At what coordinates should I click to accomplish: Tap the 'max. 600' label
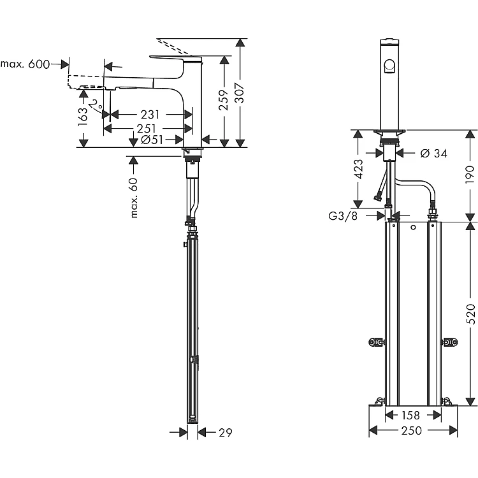(x=25, y=64)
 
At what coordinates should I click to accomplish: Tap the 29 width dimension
(x=224, y=433)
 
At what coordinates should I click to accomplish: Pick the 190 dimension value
(x=470, y=173)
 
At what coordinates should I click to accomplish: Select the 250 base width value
(x=412, y=431)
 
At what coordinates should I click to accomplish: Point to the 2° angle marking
(x=95, y=103)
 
